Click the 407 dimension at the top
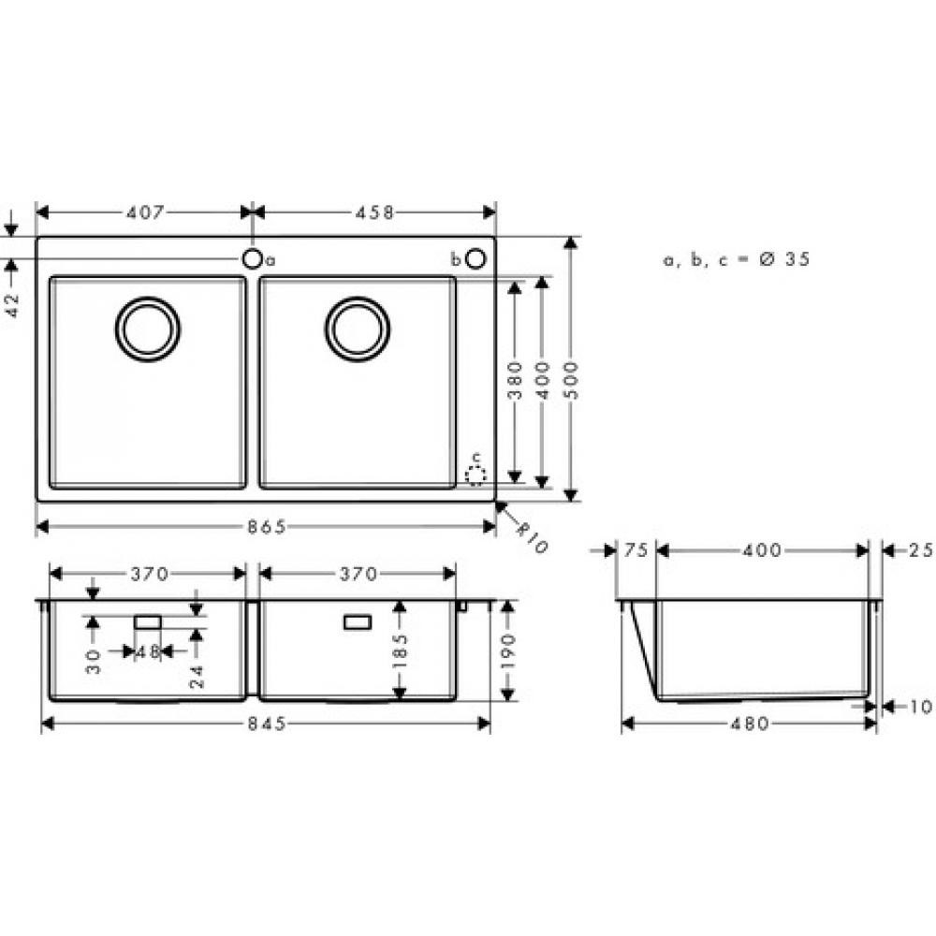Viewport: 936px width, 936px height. click(144, 212)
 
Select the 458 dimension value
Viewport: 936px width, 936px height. click(374, 212)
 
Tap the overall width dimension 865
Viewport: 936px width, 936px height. click(266, 528)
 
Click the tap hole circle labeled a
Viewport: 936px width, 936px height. click(253, 258)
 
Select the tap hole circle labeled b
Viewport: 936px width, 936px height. click(475, 258)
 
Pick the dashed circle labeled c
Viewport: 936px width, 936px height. click(476, 475)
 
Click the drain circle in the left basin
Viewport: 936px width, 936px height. click(148, 328)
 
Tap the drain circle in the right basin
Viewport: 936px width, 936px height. click(358, 328)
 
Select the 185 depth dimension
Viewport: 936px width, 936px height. click(400, 650)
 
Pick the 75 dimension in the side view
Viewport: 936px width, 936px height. click(636, 550)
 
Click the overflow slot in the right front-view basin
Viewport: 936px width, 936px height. click(358, 622)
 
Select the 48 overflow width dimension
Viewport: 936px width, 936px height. click(148, 651)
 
